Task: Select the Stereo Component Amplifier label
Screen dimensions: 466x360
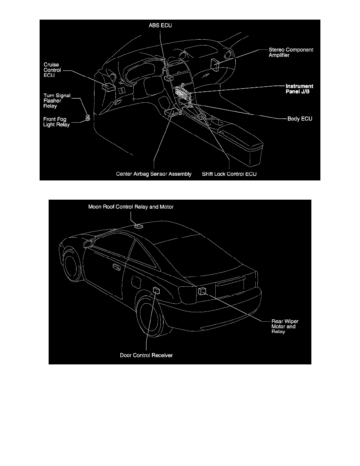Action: tap(291, 53)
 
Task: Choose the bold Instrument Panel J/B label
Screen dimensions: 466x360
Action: tap(298, 89)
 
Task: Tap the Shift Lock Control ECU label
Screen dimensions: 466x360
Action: tap(229, 174)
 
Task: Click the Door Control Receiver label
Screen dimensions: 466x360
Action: tap(146, 355)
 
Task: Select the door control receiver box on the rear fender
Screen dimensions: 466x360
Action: tap(156, 290)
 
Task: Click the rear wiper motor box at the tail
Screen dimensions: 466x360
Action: tap(202, 291)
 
